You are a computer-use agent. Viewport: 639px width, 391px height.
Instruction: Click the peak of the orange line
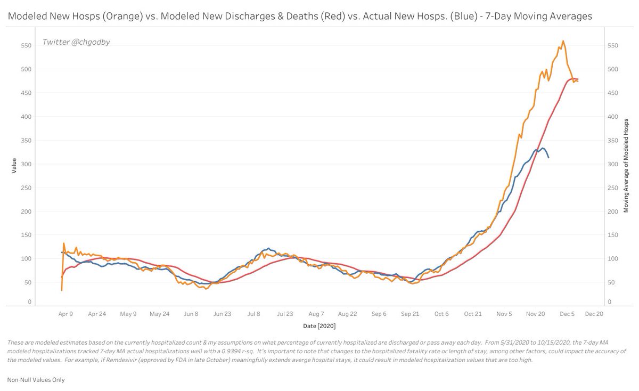(x=563, y=41)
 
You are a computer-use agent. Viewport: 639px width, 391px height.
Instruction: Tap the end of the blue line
(x=548, y=157)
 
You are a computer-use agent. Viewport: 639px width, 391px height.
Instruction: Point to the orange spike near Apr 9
(x=64, y=243)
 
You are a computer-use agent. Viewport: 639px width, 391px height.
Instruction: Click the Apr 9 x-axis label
(x=65, y=314)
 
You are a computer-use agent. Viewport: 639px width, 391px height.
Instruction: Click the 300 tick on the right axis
(x=613, y=164)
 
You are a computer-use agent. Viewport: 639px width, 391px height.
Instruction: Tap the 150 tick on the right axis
(x=613, y=235)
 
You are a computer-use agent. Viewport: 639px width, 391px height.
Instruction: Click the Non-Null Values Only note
(x=36, y=380)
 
